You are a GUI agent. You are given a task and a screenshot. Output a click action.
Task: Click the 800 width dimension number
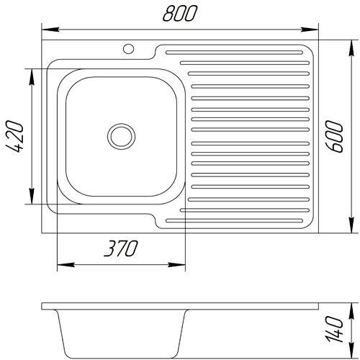[180, 14]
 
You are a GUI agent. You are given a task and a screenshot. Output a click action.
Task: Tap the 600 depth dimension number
[334, 137]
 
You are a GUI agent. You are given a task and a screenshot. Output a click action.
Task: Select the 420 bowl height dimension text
[14, 137]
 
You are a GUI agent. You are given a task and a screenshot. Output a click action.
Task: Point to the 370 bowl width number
[121, 248]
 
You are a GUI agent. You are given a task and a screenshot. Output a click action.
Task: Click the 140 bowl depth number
[334, 329]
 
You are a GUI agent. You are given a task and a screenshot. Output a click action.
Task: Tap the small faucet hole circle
[128, 49]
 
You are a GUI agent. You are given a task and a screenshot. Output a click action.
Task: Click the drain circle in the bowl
[121, 137]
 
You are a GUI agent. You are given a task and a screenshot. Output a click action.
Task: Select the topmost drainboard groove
[234, 53]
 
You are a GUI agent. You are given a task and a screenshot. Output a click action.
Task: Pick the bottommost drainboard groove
[234, 220]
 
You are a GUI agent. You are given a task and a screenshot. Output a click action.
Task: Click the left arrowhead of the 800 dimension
[50, 30]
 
